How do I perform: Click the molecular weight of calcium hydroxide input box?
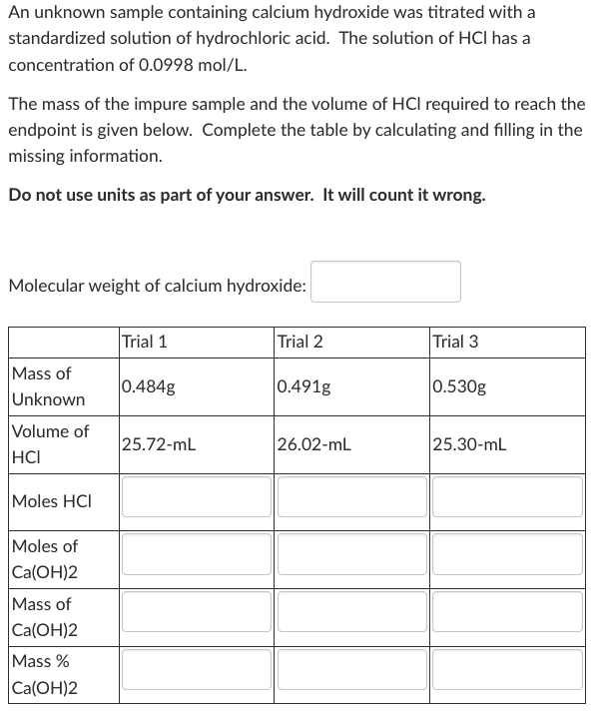pos(385,282)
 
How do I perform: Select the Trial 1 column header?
pos(144,342)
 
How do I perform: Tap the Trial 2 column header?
pos(299,342)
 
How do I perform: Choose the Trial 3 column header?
pos(455,342)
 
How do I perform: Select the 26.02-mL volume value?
pos(313,444)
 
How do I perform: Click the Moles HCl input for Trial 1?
pos(195,497)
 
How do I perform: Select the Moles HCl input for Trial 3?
pos(506,497)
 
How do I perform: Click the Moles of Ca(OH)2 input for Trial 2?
pos(350,554)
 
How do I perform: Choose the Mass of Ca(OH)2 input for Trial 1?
pos(195,611)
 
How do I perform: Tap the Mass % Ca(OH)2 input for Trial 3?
pos(506,668)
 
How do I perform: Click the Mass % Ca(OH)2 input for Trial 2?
pos(350,668)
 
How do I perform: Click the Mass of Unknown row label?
pos(48,386)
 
